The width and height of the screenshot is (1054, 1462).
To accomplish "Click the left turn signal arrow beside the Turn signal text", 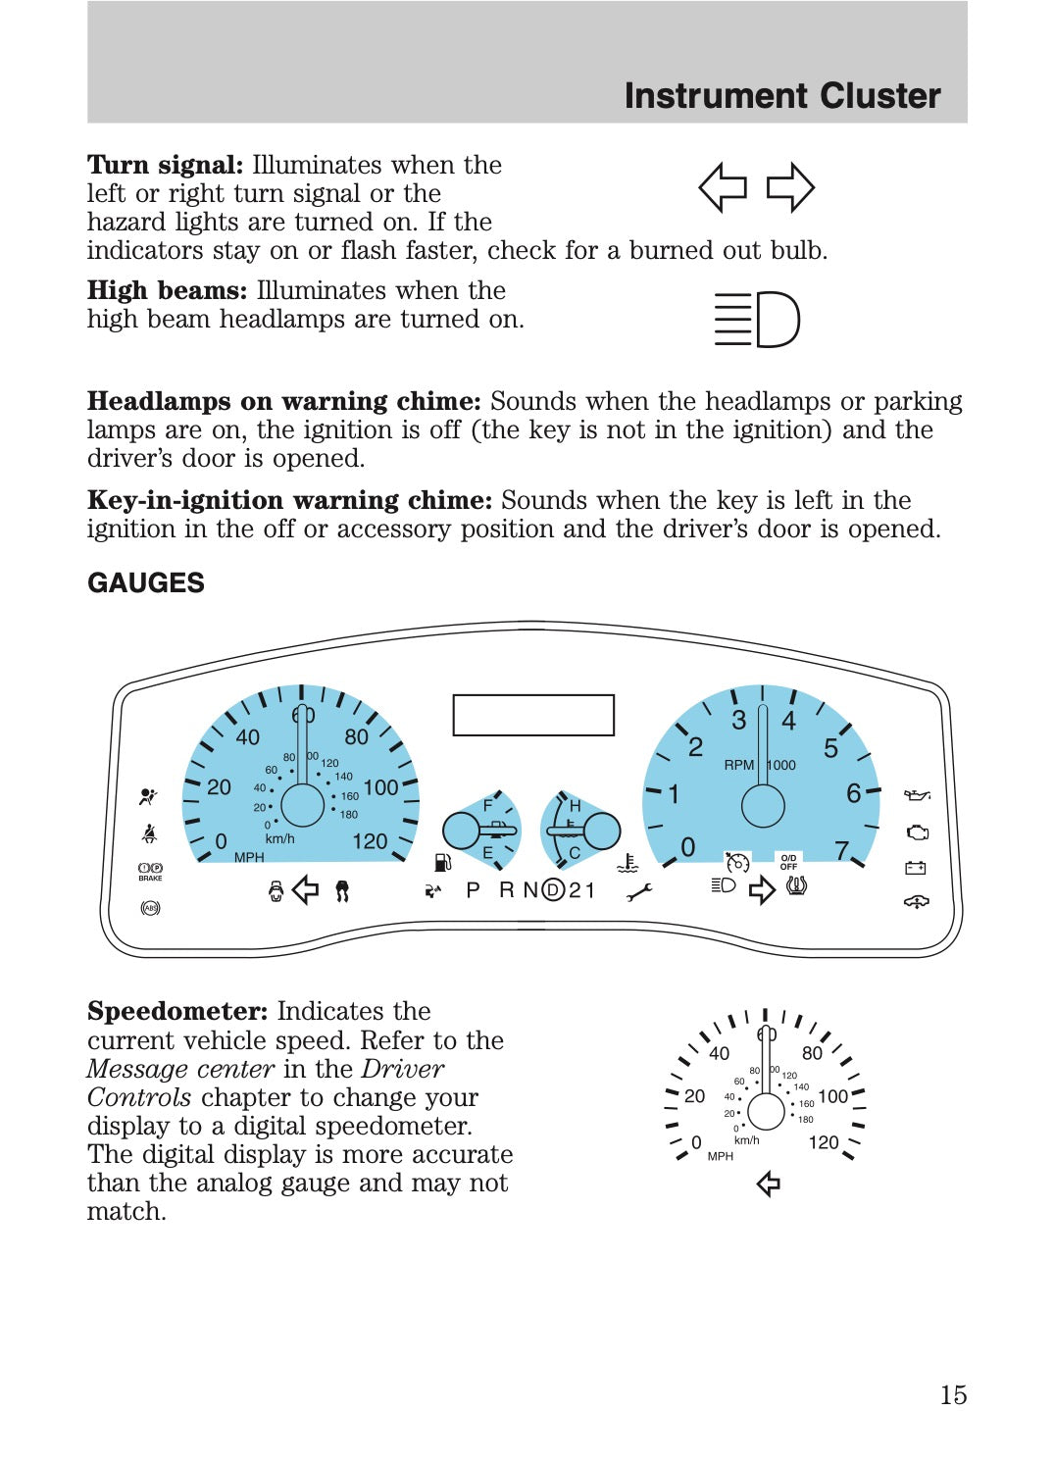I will (723, 187).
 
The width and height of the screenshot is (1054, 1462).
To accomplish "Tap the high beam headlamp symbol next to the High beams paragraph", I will (757, 320).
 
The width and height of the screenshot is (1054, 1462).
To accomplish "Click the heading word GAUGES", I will (146, 583).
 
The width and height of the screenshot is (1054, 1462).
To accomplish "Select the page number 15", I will (953, 1394).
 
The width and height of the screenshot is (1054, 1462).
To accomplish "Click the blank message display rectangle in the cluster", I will (533, 715).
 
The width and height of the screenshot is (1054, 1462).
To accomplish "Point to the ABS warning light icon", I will (150, 908).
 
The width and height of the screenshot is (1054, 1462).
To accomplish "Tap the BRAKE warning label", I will (150, 879).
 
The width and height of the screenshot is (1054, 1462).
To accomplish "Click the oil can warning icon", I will (917, 795).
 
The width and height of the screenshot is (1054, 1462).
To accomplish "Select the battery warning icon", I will (916, 868).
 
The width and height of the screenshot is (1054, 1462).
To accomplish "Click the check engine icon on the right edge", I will (918, 832).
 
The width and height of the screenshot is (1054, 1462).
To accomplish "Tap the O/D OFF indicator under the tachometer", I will (788, 862).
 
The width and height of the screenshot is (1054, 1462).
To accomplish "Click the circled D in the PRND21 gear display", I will (553, 890).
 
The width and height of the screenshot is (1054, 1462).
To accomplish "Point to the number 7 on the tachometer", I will (841, 849).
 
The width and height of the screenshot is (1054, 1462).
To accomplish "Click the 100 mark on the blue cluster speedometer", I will (380, 787).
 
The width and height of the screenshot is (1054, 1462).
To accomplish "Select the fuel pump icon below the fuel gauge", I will (442, 863).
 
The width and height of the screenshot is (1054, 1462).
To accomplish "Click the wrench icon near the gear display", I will (639, 891).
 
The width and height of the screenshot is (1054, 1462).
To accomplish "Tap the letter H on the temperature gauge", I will (576, 805).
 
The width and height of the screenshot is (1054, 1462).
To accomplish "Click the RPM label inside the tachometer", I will (738, 765).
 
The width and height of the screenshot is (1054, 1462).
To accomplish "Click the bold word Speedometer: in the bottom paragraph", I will (177, 1011).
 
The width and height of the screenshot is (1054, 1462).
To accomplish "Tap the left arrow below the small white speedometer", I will (769, 1185).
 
